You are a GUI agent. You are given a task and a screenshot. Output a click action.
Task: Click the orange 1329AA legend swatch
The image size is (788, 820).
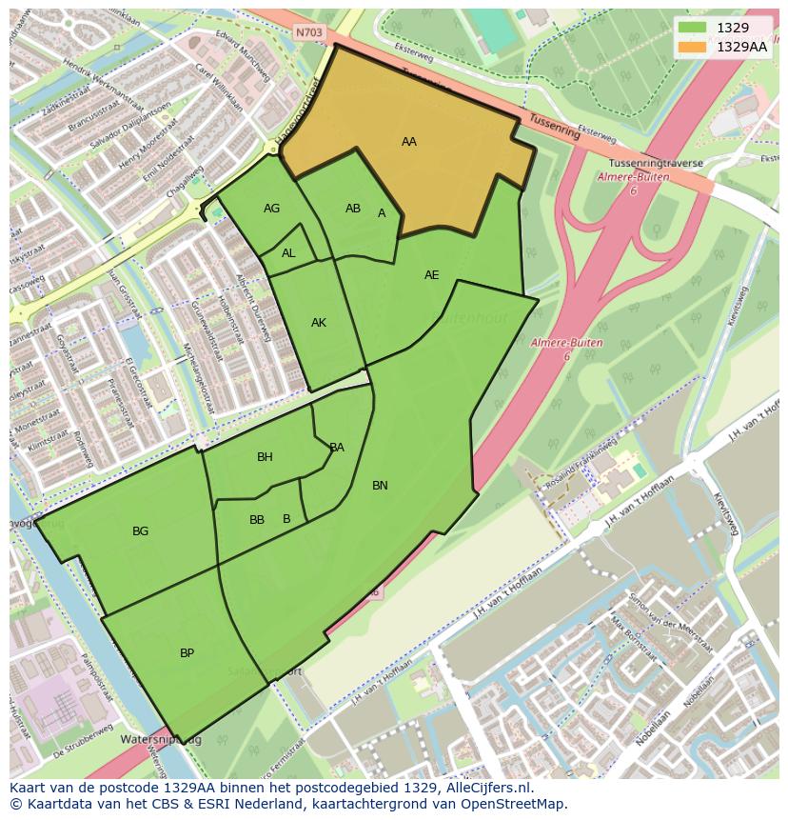point(694,46)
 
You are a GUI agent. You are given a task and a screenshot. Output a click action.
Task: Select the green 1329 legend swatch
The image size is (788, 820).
point(694,28)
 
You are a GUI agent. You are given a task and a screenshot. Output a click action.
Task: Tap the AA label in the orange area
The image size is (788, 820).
point(408,142)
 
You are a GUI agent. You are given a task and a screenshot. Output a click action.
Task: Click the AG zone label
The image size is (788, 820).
point(272,209)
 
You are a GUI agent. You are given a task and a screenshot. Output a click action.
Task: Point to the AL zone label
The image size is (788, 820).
point(288,253)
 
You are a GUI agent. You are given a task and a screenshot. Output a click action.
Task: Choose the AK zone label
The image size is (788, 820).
point(319,323)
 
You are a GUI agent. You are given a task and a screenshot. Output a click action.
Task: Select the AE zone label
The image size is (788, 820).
point(432,275)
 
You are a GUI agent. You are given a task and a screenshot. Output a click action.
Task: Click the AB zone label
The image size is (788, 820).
point(353,209)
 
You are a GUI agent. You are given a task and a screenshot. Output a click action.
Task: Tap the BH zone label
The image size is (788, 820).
point(265,457)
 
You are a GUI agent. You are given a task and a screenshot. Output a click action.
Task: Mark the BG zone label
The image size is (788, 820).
point(141,531)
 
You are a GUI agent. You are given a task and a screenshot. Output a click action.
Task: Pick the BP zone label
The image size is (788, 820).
point(187,653)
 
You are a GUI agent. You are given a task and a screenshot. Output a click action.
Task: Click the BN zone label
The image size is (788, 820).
point(380,486)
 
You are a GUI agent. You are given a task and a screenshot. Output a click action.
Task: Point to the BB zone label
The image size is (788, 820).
point(257,520)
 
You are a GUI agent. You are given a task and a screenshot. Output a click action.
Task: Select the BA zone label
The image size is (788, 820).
point(337,448)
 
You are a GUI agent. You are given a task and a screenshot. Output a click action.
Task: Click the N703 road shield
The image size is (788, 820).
point(309,32)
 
